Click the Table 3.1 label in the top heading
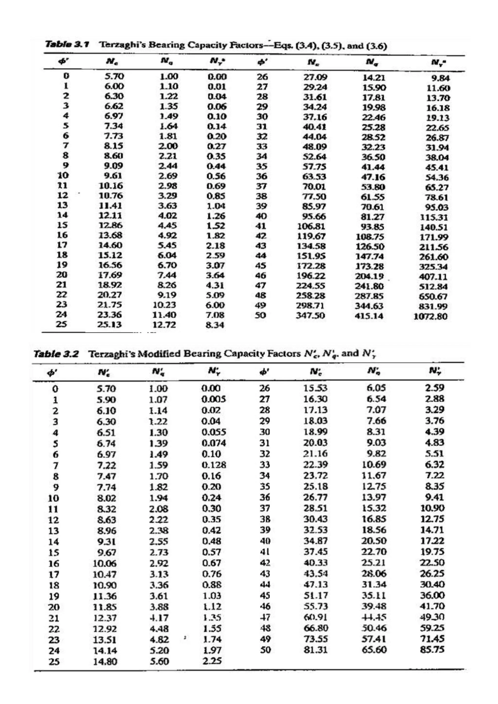point(67,45)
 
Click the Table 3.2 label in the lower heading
point(56,354)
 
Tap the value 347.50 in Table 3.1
point(310,316)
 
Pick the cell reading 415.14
point(369,316)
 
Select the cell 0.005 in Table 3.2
point(214,399)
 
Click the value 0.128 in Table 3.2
point(214,465)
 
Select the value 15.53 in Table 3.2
point(315,388)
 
